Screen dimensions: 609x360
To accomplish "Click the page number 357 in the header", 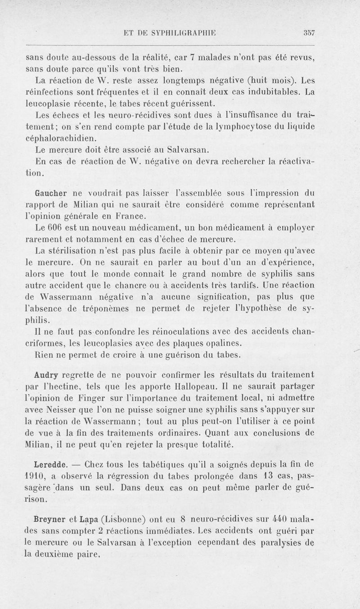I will tap(308, 32).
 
